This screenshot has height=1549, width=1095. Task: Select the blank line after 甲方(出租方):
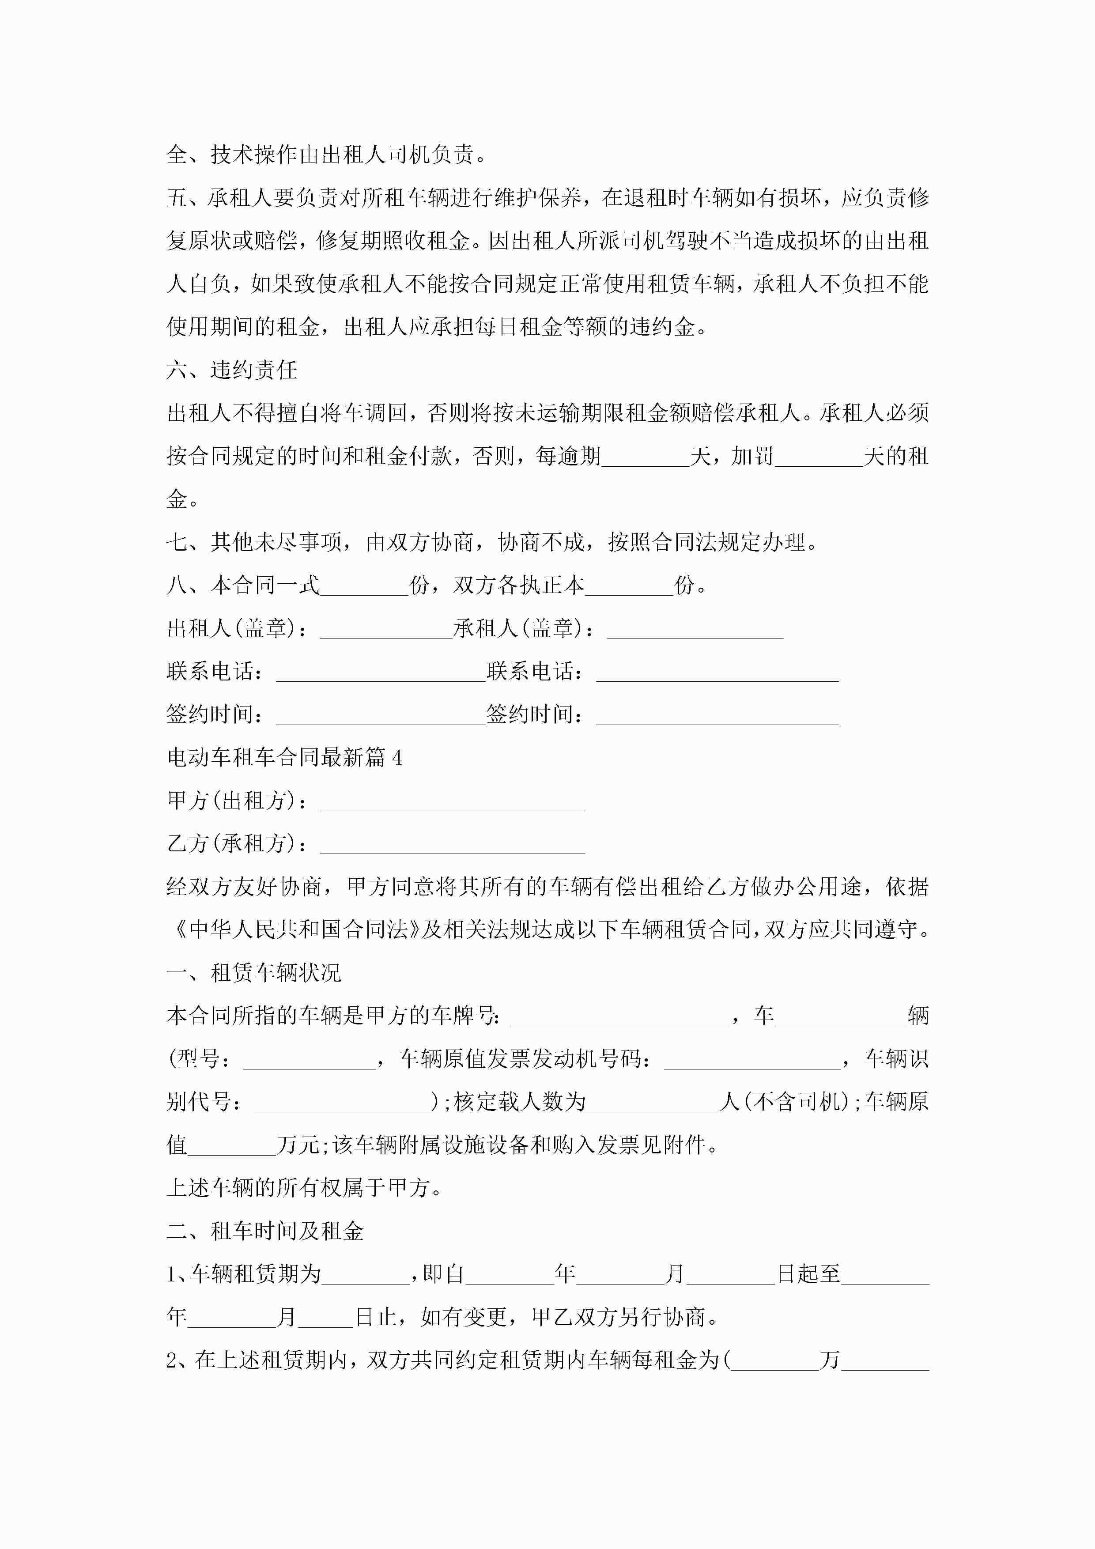(x=452, y=803)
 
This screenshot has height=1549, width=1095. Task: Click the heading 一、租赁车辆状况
(x=254, y=973)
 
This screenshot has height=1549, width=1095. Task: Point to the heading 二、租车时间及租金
(x=265, y=1231)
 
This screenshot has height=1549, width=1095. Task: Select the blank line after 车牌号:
(x=620, y=1017)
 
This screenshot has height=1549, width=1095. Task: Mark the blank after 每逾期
(x=646, y=458)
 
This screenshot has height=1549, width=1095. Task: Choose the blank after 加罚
(x=819, y=458)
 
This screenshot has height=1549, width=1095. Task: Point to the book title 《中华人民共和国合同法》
(x=298, y=929)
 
